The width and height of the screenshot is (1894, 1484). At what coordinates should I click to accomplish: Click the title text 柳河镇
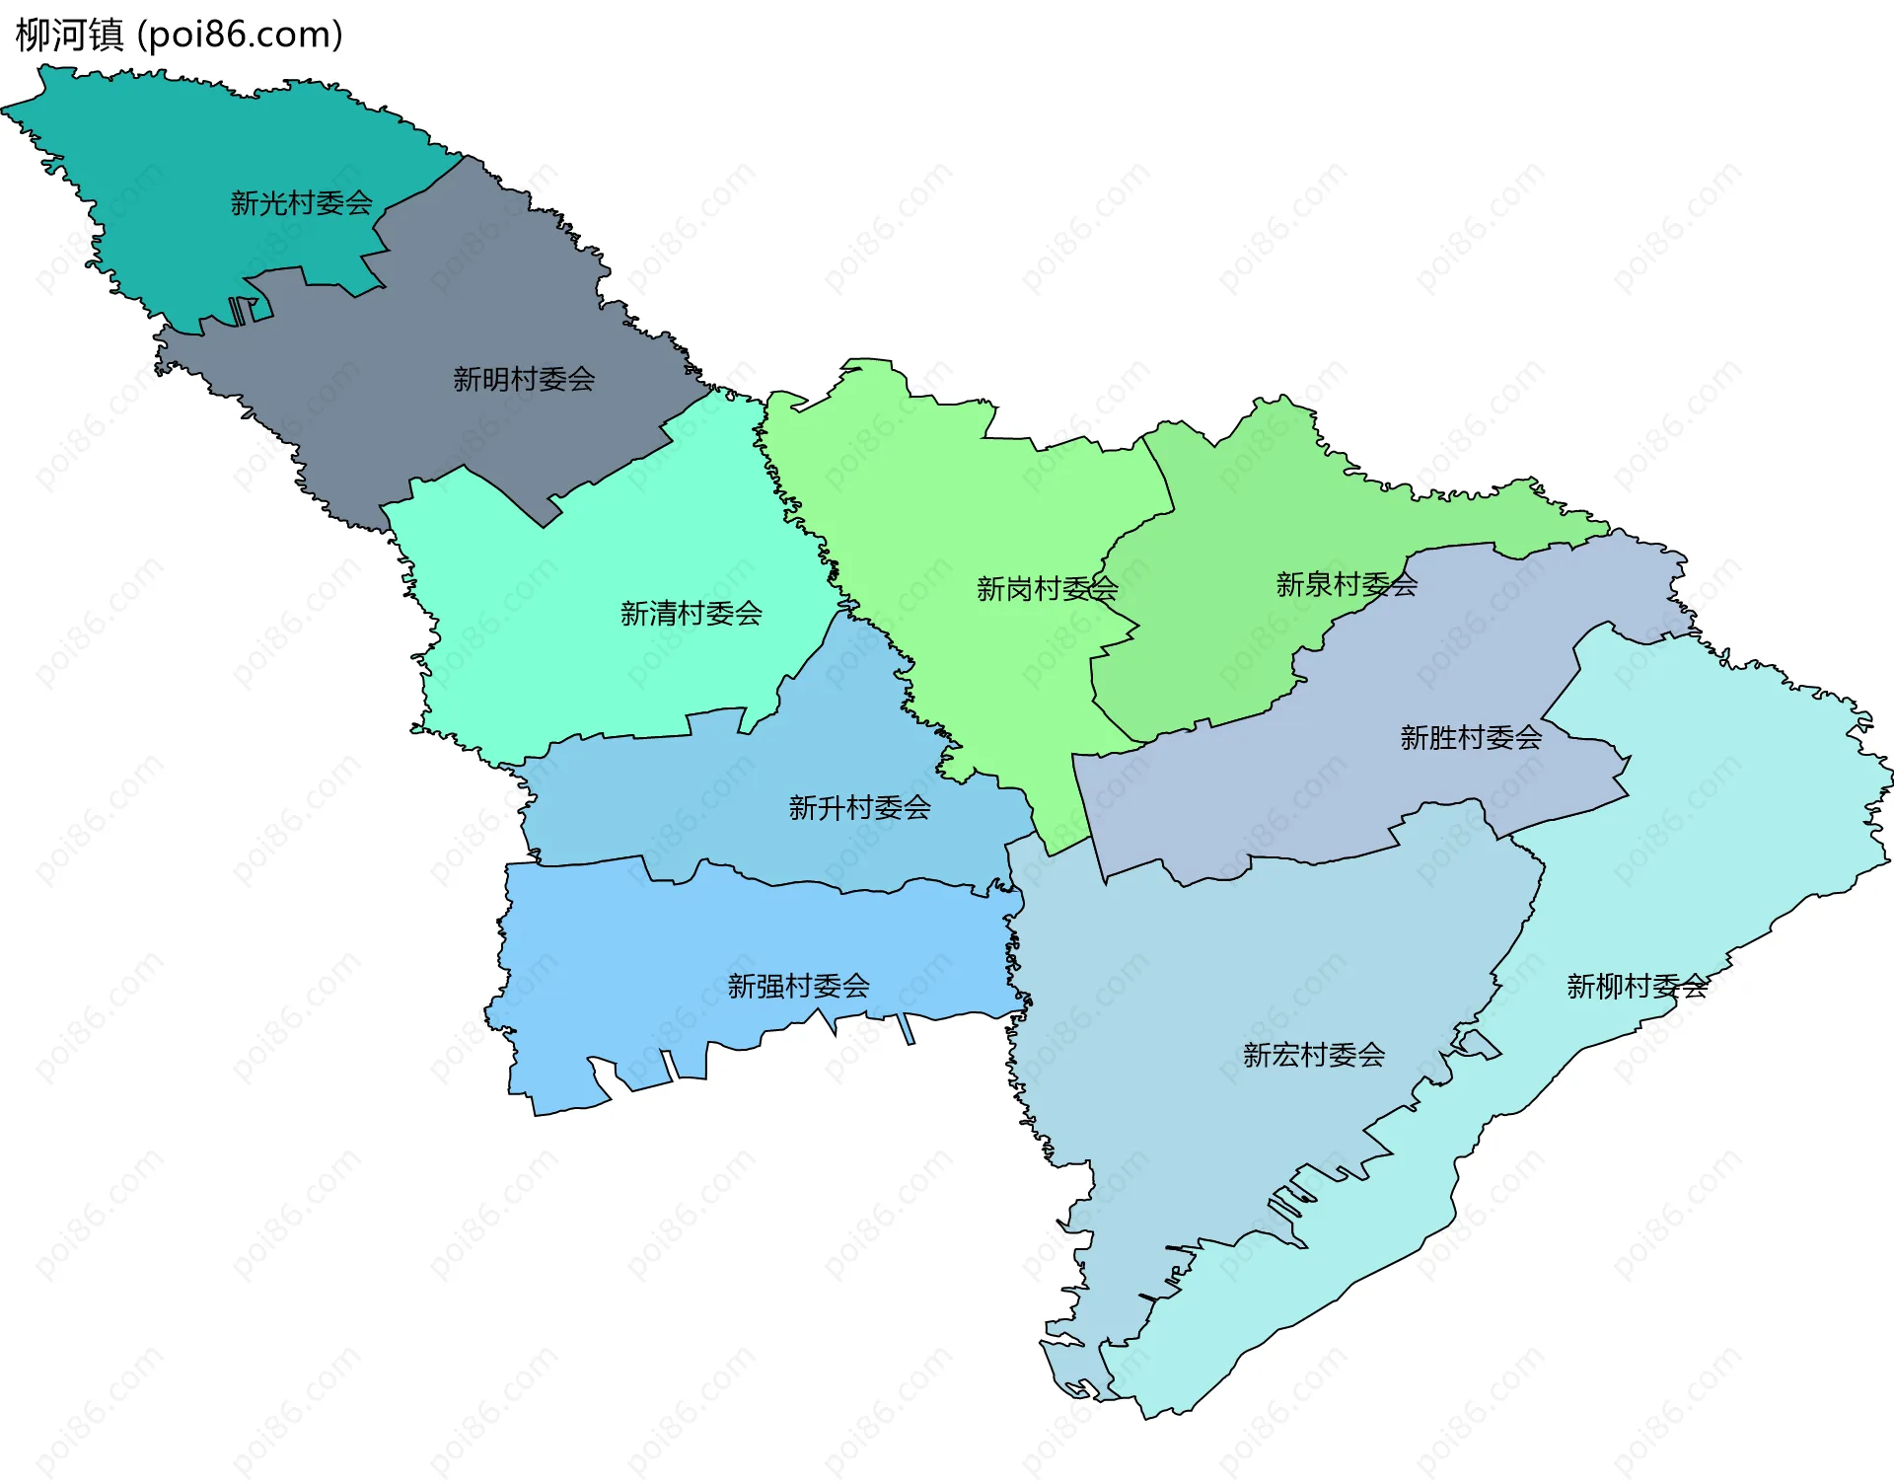[69, 35]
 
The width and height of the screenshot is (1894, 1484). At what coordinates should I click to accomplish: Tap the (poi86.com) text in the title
[240, 35]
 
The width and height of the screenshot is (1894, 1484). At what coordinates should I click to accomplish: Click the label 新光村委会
[301, 203]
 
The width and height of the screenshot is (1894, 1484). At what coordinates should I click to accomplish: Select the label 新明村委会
[524, 379]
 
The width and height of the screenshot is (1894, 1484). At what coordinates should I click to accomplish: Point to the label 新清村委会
[691, 614]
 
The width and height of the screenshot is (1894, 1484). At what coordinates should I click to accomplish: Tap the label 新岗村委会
[1047, 589]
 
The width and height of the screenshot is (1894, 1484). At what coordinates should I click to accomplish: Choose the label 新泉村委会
[1347, 585]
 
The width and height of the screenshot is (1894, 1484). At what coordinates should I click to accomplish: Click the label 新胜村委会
[1471, 737]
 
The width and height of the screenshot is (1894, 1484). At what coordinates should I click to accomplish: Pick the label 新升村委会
[859, 808]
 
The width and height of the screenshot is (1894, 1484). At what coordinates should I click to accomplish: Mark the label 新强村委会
[798, 986]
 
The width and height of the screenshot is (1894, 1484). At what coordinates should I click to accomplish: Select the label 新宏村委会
[1313, 1055]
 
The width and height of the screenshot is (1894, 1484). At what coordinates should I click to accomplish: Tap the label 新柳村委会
[1637, 986]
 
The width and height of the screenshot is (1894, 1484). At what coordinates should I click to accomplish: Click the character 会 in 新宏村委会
[1371, 1055]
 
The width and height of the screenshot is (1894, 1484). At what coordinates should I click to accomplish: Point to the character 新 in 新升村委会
[802, 808]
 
